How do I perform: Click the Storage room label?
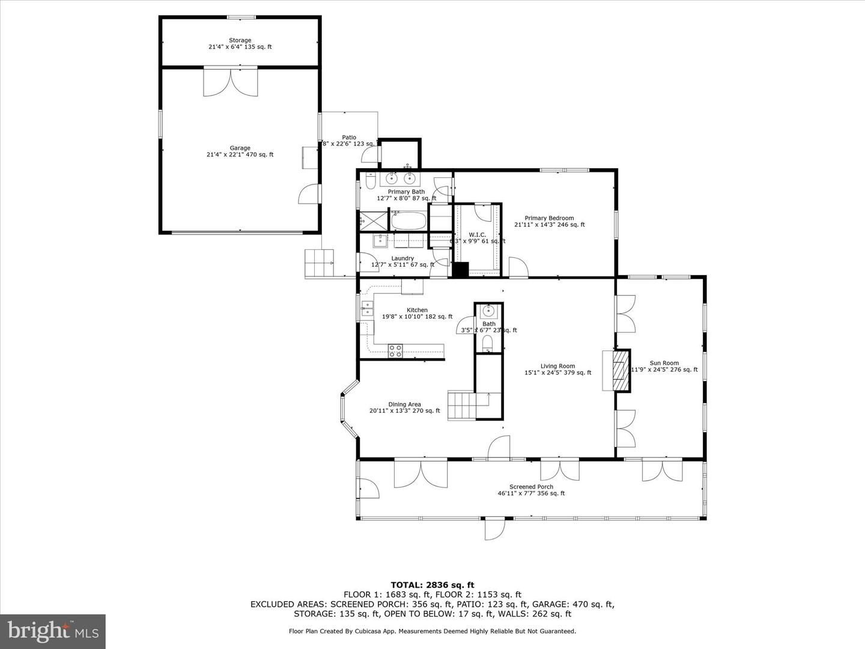240,43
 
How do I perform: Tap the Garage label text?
240,151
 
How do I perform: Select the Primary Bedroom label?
549,222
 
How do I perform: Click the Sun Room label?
664,367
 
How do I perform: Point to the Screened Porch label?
531,490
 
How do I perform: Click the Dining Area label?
404,408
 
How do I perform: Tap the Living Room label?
557,370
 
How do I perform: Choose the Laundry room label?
402,261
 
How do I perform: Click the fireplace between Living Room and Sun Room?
619,370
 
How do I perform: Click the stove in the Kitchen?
395,351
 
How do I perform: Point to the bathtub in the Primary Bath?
408,221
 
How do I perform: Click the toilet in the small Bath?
488,344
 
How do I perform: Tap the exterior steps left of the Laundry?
319,263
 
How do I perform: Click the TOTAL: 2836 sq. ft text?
432,584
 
